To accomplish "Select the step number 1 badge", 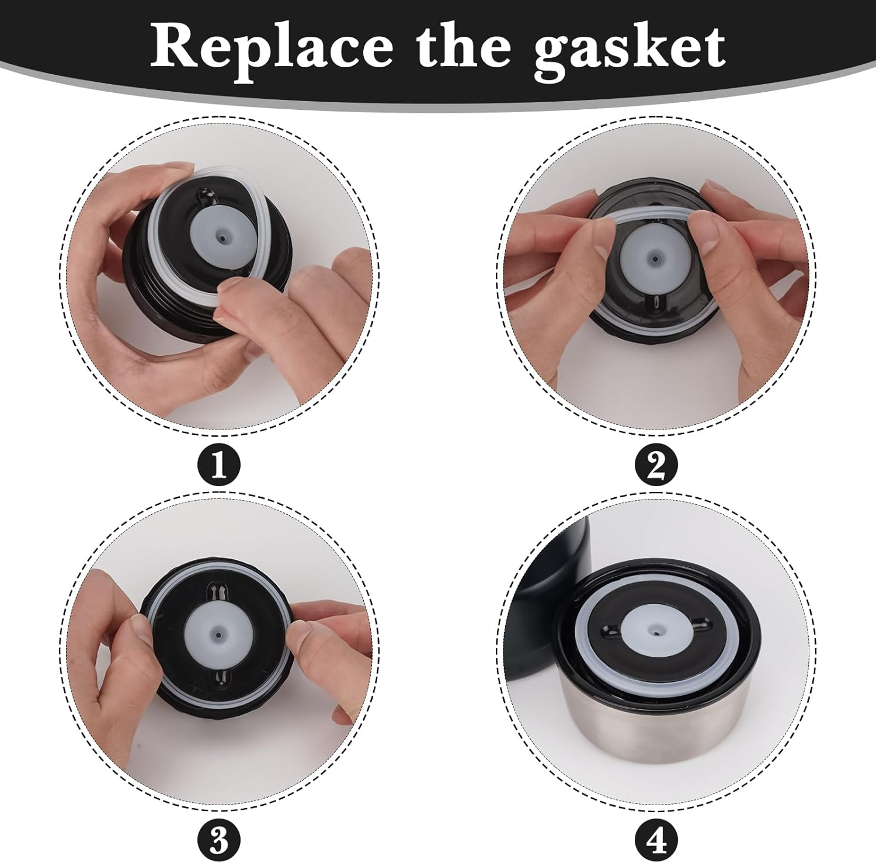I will click(219, 465).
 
